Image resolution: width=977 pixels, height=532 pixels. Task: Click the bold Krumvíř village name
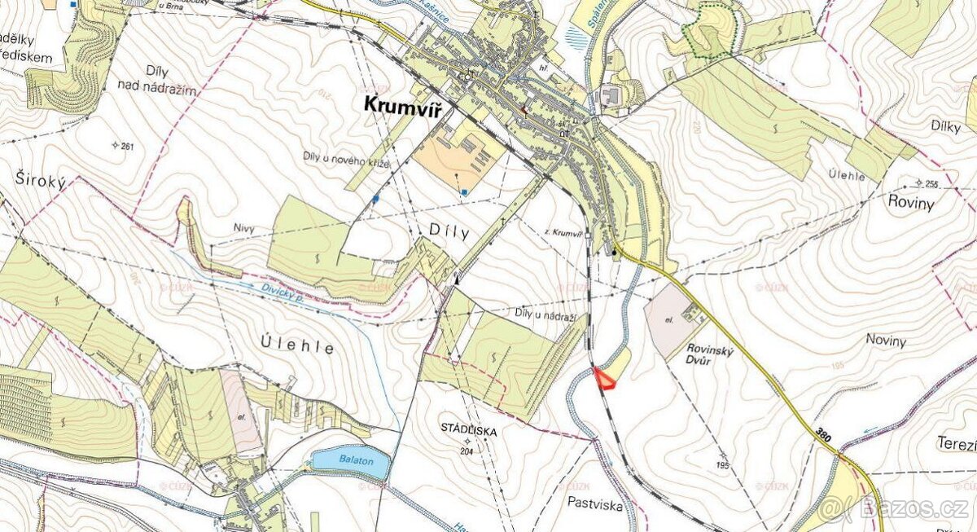coord(402,107)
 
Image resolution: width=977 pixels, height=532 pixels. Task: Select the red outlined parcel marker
coord(604,379)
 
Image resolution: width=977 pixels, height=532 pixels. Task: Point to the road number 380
coord(822,437)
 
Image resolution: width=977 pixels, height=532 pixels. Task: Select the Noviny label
coord(886,341)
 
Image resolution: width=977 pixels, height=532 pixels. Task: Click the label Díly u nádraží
coord(545,314)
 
